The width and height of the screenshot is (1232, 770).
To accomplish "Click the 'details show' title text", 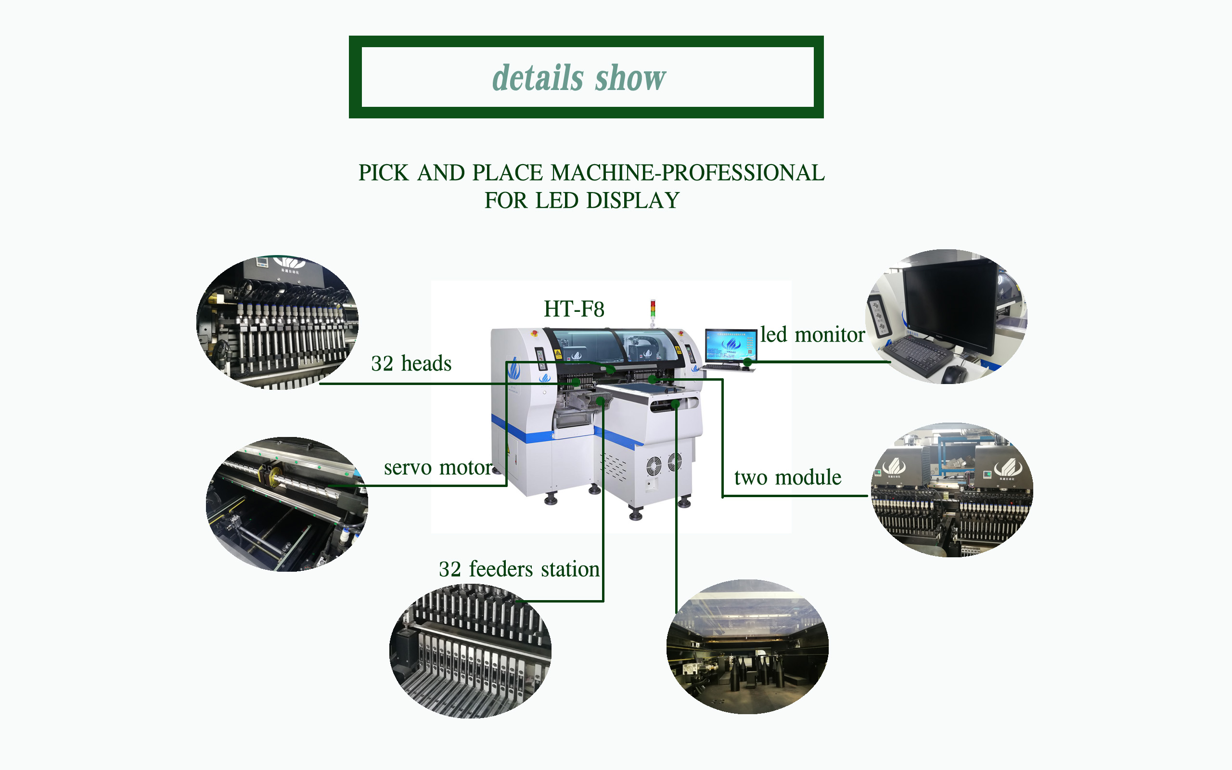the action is pos(579,78).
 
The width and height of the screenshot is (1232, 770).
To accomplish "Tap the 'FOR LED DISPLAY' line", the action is pos(582,201).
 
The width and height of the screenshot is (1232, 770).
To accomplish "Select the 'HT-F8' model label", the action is pos(574,309).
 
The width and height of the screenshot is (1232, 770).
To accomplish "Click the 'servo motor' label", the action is pos(438,467).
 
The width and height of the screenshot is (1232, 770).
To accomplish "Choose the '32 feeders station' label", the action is pos(519,569).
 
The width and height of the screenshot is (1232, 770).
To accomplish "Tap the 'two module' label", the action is pos(787,478).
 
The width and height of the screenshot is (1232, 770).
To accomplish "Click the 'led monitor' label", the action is pos(812,335).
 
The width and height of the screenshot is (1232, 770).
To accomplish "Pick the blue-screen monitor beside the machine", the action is pos(730,344).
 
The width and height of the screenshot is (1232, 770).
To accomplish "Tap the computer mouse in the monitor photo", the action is pos(953,375).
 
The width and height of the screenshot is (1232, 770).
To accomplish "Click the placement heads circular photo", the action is pos(278,322).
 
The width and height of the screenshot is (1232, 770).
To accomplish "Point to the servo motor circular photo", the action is pos(287,504).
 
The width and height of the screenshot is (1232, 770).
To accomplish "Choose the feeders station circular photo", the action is pos(470,651).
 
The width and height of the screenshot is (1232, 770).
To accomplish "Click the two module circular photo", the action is pos(951,490).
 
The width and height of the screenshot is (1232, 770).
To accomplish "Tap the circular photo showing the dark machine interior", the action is pos(747,647).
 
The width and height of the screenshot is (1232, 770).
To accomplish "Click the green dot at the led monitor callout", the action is pos(747,362).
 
